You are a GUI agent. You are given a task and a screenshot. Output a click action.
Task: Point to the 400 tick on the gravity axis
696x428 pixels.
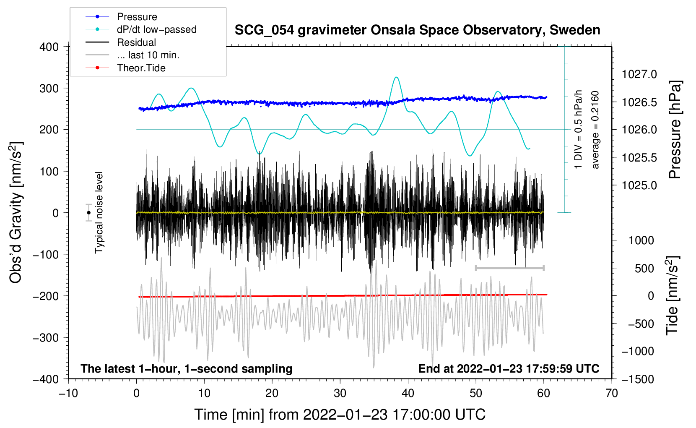click(49, 47)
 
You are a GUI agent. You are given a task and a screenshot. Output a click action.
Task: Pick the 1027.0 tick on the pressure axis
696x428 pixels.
click(639, 74)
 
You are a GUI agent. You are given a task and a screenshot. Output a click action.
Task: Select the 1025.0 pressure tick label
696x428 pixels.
click(639, 185)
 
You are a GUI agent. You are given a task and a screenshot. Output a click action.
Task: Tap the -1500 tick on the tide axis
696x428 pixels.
click(638, 379)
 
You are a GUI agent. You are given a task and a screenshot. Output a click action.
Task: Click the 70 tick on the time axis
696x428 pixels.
click(612, 393)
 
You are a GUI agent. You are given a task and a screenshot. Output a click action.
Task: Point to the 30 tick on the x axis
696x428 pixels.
click(340, 393)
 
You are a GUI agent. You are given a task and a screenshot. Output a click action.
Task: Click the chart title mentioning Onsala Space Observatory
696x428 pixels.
click(417, 30)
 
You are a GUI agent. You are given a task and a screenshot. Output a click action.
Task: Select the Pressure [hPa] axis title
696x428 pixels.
click(675, 130)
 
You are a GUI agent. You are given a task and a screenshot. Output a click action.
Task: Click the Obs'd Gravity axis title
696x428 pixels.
click(16, 213)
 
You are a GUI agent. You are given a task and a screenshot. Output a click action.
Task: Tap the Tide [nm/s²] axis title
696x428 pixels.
click(672, 295)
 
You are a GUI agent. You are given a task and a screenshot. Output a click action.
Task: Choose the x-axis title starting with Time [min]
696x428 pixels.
click(340, 415)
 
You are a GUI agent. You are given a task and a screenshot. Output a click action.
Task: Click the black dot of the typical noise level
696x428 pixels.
click(88, 213)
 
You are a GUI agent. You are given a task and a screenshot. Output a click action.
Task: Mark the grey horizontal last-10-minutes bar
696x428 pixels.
click(509, 268)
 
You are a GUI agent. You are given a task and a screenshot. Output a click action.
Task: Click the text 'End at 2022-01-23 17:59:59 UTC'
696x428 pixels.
click(509, 368)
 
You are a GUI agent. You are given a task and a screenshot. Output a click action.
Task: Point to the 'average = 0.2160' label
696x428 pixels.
click(595, 130)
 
